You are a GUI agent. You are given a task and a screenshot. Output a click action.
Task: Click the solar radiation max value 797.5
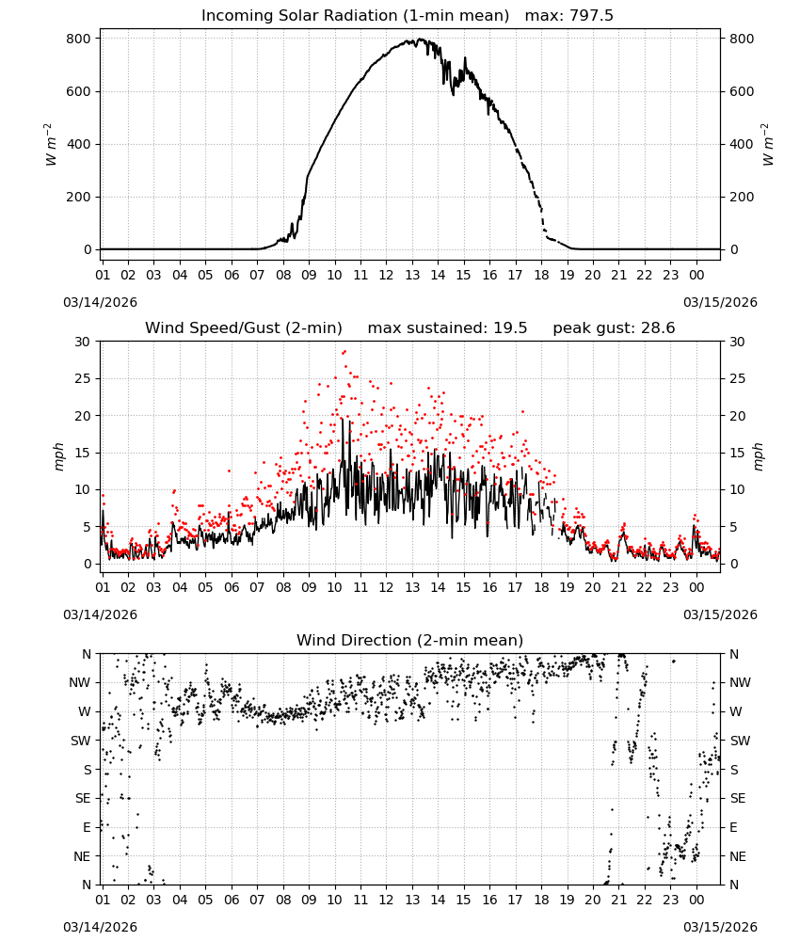click(591, 16)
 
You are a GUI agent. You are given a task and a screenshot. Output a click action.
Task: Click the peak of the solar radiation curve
click(420, 40)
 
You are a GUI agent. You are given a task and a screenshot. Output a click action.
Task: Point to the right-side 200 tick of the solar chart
click(742, 197)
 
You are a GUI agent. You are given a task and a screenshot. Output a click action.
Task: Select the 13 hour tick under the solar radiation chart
click(411, 275)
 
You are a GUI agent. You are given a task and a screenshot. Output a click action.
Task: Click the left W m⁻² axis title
click(51, 144)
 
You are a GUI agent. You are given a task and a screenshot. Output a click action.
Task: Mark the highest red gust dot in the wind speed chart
click(344, 352)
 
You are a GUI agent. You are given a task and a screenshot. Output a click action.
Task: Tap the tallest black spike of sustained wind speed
click(342, 420)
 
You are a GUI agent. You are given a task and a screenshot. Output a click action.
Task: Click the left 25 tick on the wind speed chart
click(83, 378)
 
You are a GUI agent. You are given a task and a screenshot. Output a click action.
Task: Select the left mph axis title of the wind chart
click(58, 456)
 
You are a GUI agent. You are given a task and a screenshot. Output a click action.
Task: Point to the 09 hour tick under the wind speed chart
click(309, 587)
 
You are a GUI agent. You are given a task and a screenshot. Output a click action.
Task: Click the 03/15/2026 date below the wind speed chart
click(720, 614)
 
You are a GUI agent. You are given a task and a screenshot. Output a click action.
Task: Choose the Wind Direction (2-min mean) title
click(410, 640)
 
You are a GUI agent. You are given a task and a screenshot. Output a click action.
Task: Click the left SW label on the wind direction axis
click(80, 741)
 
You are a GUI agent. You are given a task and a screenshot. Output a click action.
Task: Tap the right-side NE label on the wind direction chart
click(738, 856)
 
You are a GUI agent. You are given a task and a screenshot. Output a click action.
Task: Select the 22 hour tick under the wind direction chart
click(644, 900)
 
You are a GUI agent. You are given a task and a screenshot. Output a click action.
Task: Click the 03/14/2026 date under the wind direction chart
click(100, 927)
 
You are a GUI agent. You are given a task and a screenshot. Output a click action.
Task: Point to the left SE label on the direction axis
click(83, 798)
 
